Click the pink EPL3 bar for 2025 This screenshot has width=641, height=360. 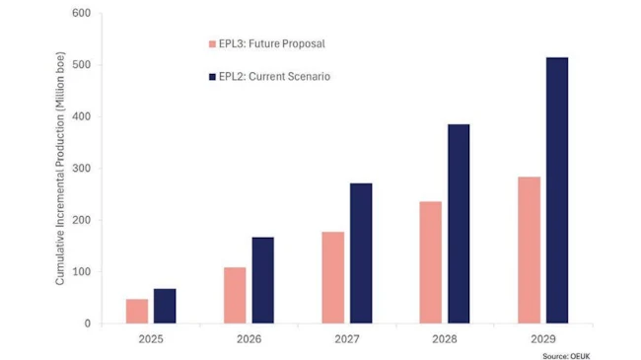pyautogui.click(x=137, y=311)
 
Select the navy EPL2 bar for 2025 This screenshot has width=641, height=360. pyautogui.click(x=165, y=306)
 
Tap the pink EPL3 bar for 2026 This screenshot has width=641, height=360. pyautogui.click(x=235, y=295)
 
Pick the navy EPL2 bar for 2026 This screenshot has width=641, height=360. pyautogui.click(x=262, y=280)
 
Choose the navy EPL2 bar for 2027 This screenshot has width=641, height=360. pyautogui.click(x=361, y=253)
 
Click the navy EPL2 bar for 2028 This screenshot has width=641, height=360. pyautogui.click(x=459, y=224)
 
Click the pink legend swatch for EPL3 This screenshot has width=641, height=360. pyautogui.click(x=211, y=44)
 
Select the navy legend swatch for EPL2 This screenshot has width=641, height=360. pyautogui.click(x=211, y=76)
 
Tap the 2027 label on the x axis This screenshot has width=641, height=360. pyautogui.click(x=346, y=338)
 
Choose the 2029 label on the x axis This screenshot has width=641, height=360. pyautogui.click(x=542, y=338)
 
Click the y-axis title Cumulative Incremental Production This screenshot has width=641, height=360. pyautogui.click(x=60, y=168)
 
